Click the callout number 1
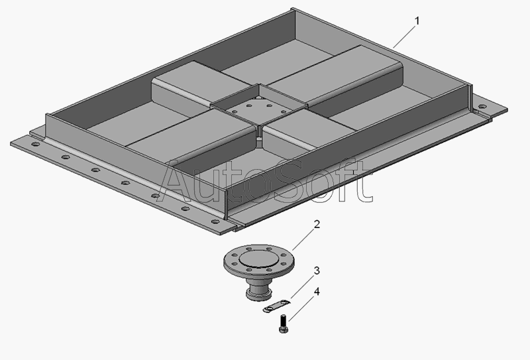(417, 21)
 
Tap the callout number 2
(317, 224)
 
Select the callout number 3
(317, 270)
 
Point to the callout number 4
(317, 291)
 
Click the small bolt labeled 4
(284, 324)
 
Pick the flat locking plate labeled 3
(277, 305)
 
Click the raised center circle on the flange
(259, 259)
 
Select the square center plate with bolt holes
(260, 108)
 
